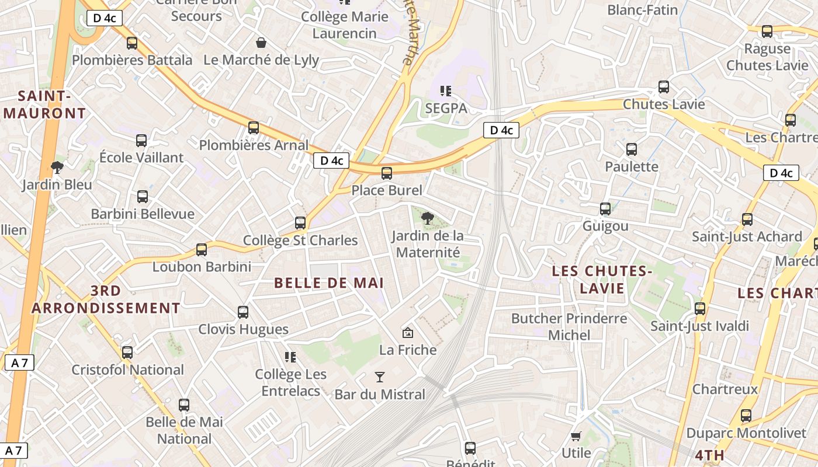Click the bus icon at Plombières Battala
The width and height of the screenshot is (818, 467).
coord(132,43)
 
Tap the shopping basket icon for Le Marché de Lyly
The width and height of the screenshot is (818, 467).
coord(261,43)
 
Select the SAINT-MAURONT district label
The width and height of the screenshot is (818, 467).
coord(44,104)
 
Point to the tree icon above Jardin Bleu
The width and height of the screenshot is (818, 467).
coord(57,168)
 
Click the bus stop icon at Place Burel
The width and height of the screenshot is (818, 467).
coord(386,173)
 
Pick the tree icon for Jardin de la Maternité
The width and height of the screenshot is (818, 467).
coord(428,219)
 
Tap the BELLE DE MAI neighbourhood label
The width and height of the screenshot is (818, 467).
coord(328,283)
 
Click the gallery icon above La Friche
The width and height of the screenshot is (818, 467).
coord(408,333)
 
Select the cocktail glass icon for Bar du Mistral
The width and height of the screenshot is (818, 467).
coord(380,377)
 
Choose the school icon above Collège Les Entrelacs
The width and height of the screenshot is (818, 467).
coord(290,357)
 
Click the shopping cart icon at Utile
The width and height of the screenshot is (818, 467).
coord(576,436)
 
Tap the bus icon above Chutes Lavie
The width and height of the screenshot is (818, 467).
coord(664,87)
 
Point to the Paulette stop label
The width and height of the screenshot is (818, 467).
coord(632,166)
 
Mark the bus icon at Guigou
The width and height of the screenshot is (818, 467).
coord(605,209)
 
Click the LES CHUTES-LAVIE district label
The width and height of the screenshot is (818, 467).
coord(602,280)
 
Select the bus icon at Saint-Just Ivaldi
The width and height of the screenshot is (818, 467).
coord(700,309)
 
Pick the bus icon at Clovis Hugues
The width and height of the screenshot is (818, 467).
coord(243,312)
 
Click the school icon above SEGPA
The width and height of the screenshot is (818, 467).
coord(446,91)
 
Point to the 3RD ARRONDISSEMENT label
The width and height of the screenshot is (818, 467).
coord(106,299)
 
